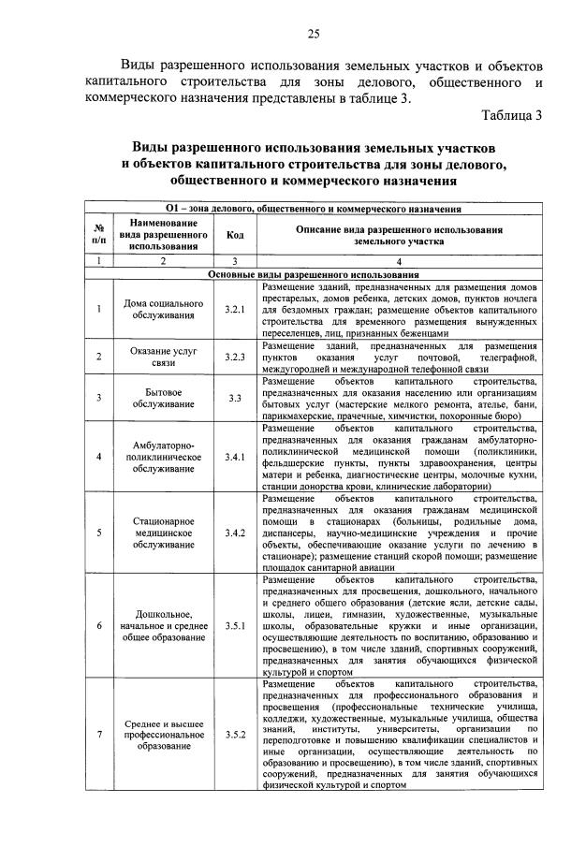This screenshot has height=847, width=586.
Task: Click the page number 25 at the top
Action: (314, 35)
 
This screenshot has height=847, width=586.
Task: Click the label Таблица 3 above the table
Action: (512, 116)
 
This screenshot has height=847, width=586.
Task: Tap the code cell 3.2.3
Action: (234, 357)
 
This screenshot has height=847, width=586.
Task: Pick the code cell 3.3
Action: (234, 398)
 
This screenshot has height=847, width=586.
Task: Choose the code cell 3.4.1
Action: (234, 457)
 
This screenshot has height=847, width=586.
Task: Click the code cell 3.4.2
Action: (234, 533)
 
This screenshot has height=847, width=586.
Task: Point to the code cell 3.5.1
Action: (234, 625)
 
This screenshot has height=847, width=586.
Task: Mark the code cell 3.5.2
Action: (234, 735)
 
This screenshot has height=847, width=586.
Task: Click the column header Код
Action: (234, 235)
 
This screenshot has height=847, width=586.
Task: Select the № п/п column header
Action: (98, 235)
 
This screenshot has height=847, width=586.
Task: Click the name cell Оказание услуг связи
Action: (164, 357)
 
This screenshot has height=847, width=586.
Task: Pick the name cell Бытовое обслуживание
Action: (164, 398)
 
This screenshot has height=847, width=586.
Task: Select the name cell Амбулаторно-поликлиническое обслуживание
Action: (164, 457)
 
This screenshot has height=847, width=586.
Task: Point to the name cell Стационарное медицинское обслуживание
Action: (164, 533)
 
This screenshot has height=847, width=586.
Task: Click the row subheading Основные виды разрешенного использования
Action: (314, 274)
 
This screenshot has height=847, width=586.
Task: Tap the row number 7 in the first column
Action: (98, 735)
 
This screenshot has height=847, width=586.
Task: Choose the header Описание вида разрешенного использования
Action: (400, 235)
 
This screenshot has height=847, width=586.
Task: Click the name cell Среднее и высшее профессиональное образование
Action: (164, 735)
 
